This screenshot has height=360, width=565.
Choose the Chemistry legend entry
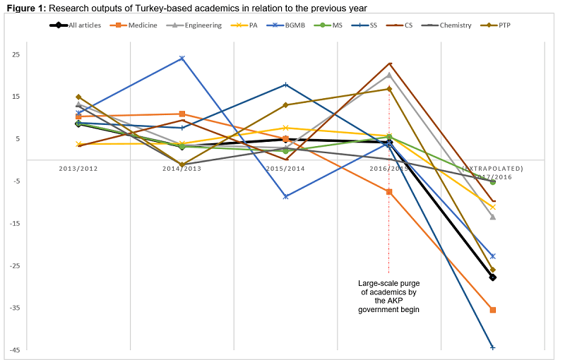[x=451, y=25]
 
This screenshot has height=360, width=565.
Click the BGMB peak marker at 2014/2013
[x=182, y=58]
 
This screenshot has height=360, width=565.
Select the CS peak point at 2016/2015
[x=389, y=64]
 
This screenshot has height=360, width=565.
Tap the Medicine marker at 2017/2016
[x=493, y=310]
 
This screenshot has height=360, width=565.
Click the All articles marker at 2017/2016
[x=493, y=277]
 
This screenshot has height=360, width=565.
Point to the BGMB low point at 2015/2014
[x=285, y=196]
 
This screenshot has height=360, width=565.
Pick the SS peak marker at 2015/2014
[x=285, y=85]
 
